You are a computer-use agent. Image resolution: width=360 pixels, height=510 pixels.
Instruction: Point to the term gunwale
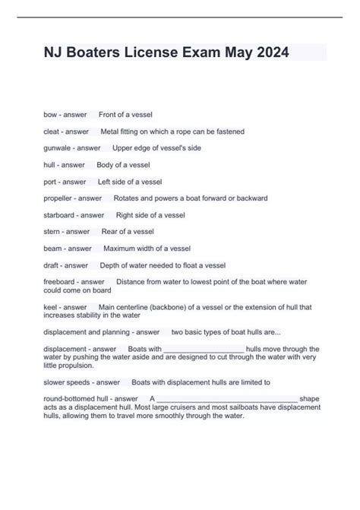[58, 148]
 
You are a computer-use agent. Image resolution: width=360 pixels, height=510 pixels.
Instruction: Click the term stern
[53, 232]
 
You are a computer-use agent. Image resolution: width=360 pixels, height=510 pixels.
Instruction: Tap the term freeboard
[60, 282]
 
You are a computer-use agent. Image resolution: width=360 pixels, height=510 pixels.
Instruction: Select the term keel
[51, 306]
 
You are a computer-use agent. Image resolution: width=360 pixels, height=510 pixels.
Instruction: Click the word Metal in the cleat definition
[111, 131]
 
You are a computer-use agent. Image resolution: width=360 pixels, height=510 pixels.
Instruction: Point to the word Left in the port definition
[105, 182]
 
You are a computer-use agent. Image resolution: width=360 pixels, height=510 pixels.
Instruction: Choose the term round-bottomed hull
[75, 399]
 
